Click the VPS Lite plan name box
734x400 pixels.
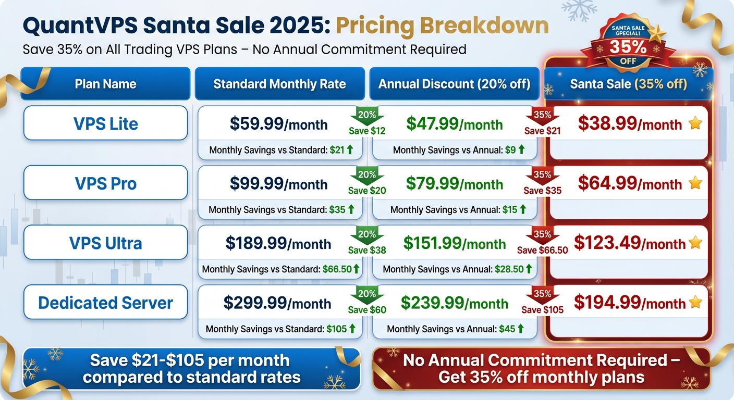point(105,123)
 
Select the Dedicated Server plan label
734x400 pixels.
point(105,303)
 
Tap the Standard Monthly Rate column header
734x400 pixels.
point(279,84)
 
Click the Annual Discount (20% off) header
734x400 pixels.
point(454,84)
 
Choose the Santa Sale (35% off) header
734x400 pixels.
point(628,84)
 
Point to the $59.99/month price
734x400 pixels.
point(278,124)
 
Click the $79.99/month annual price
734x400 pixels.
point(454,184)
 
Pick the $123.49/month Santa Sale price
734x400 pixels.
point(629,243)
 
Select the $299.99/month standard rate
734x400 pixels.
point(277,303)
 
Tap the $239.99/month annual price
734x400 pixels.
point(454,303)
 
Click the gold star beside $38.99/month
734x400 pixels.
point(695,123)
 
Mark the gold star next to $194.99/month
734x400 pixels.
point(695,303)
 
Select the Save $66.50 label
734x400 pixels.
point(542,251)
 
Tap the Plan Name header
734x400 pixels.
point(105,84)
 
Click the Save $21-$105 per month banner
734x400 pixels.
point(191,369)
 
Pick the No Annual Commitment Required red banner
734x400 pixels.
point(541,369)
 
